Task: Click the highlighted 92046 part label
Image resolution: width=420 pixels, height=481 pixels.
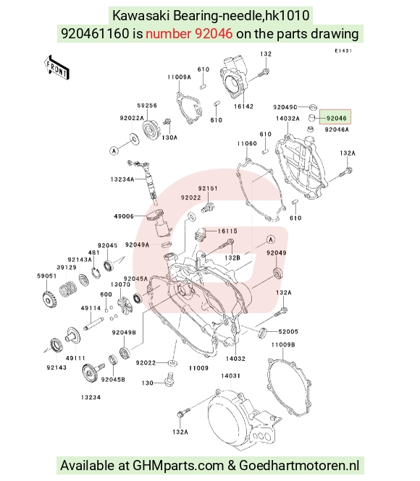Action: [336, 119]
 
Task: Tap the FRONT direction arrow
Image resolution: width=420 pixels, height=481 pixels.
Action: [56, 68]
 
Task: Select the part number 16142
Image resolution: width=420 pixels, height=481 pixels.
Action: [243, 106]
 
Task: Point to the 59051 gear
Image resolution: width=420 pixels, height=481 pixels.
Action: [49, 299]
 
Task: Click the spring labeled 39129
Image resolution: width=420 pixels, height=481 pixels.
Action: [67, 289]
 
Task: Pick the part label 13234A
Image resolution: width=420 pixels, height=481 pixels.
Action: [122, 179]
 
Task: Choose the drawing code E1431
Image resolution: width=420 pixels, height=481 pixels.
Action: [343, 51]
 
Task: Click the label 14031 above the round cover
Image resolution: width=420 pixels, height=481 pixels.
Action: [231, 376]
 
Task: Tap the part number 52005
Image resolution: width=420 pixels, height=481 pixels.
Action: [288, 331]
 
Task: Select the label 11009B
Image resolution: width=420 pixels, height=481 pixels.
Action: [283, 345]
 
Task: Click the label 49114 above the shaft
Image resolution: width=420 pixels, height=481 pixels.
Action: [91, 308]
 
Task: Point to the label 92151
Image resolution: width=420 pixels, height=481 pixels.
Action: [208, 188]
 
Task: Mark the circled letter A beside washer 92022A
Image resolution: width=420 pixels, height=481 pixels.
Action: [114, 150]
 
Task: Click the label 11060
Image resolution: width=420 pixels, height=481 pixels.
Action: [247, 143]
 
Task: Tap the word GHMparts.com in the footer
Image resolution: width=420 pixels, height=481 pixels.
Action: [177, 466]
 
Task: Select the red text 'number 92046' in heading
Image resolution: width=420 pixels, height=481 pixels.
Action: [189, 33]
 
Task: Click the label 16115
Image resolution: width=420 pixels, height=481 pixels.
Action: [227, 231]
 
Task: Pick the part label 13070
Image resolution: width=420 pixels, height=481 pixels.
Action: [120, 284]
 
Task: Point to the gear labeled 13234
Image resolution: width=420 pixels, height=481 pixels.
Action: [89, 372]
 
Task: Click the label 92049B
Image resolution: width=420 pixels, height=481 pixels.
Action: [124, 333]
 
